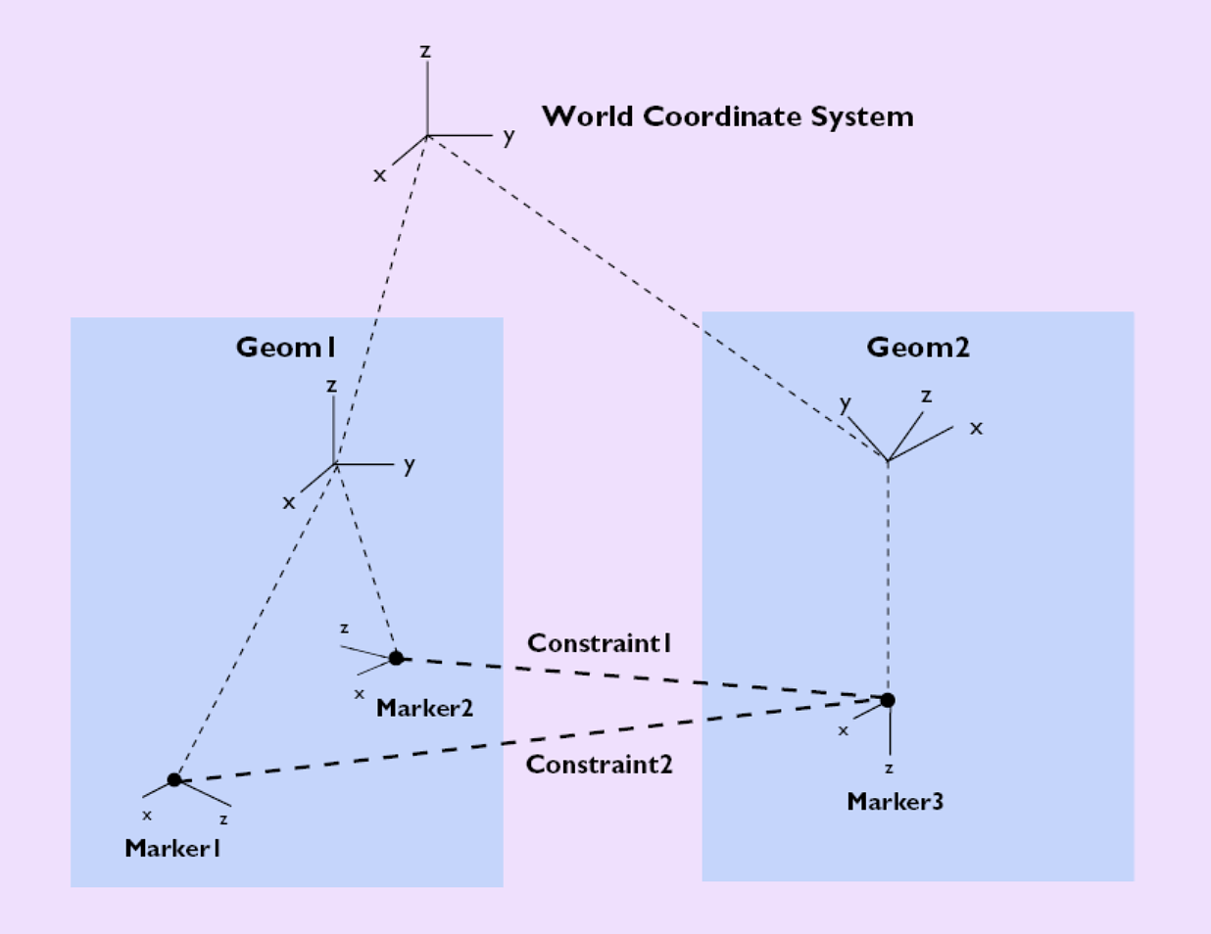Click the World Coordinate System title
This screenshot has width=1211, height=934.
pos(727,117)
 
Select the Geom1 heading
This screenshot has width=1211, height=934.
pos(286,348)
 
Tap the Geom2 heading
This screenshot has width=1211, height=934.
pos(918,348)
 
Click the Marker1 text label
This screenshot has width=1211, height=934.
pos(172,848)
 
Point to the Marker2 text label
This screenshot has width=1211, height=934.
pos(424,708)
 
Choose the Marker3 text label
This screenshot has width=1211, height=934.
pos(895,802)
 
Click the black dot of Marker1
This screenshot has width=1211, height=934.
pos(174,779)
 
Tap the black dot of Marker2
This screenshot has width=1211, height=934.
pos(396,658)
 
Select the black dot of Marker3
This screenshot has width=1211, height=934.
pos(888,700)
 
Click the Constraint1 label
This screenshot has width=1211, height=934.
pos(600,643)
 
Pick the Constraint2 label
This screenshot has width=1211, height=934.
pos(600,765)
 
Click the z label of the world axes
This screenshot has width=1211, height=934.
pos(425,51)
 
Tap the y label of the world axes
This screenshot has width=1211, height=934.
pos(509,136)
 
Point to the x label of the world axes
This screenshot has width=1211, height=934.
pos(379,175)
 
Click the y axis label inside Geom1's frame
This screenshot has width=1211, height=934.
pos(409,464)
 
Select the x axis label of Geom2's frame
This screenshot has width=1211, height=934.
pos(976,428)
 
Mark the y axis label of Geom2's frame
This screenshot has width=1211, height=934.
pos(845,402)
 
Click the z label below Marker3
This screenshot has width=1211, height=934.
pos(889,769)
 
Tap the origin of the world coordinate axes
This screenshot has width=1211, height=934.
pos(427,136)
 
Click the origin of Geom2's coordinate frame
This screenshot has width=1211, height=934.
pos(888,460)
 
